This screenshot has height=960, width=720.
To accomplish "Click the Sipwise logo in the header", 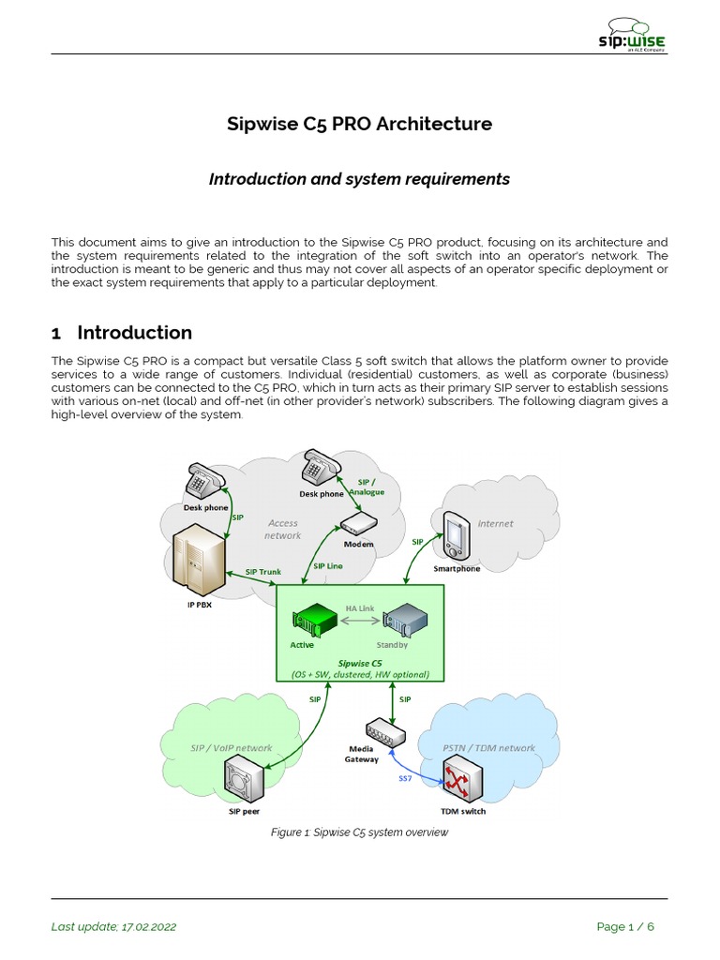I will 633,35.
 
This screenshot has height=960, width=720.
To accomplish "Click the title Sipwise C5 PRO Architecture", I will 360,124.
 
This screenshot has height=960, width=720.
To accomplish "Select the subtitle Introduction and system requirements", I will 360,179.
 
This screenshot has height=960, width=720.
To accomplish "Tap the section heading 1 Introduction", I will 122,333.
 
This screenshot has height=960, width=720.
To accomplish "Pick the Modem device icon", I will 358,524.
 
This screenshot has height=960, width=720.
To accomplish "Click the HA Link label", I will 360,608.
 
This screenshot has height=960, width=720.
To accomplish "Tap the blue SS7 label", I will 405,777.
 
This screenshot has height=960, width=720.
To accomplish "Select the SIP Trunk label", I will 263,572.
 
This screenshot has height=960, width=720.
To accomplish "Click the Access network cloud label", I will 282,530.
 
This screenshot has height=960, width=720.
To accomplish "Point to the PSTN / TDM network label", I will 488,748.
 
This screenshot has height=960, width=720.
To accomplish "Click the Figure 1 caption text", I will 360,832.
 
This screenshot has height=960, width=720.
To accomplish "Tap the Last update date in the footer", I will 113,927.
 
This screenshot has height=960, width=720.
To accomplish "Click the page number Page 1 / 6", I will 625,927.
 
